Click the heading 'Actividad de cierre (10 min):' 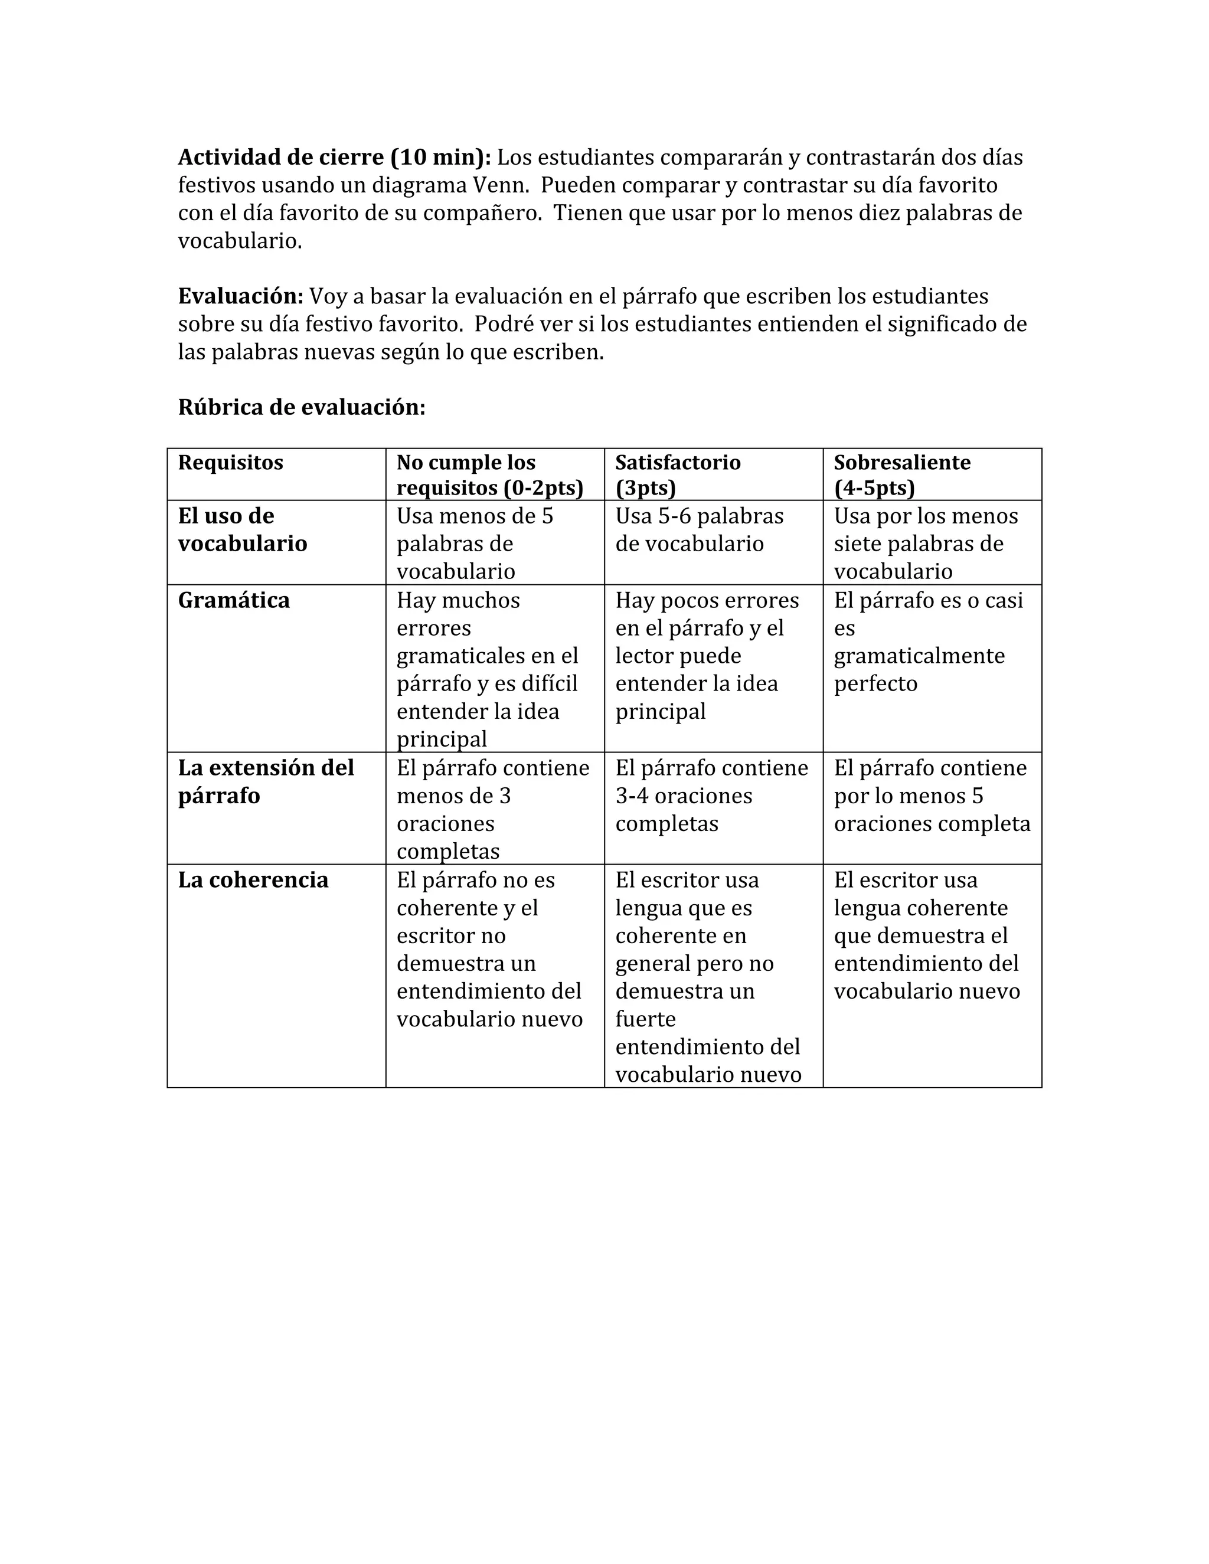click(334, 157)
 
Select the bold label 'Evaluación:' click(241, 296)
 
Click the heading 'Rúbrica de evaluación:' click(302, 407)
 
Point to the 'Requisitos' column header click(231, 463)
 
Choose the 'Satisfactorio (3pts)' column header click(678, 475)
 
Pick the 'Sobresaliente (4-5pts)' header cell click(902, 475)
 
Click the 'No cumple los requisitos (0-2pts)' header click(490, 475)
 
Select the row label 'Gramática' click(234, 600)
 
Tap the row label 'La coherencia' click(253, 879)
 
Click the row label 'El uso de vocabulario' click(242, 529)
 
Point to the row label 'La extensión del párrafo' click(266, 781)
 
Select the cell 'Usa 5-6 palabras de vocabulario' click(699, 530)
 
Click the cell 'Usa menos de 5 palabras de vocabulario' click(475, 544)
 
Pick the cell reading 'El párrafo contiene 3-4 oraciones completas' click(711, 796)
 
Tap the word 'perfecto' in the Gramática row click(875, 683)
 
